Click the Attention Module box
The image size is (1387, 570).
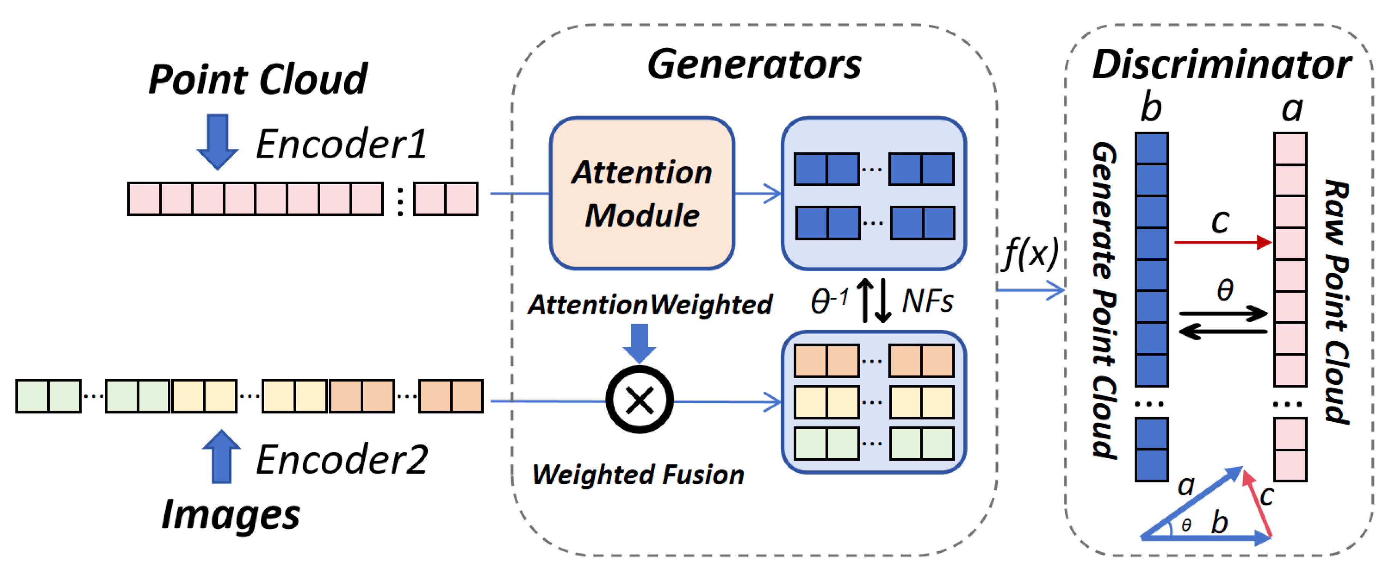coord(642,193)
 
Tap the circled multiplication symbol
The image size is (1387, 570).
coord(640,400)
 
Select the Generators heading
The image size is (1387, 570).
coord(754,64)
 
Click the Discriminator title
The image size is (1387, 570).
coord(1221,64)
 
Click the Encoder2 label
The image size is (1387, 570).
coord(341,459)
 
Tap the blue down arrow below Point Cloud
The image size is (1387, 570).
coord(218,141)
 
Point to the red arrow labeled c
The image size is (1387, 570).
coord(1222,242)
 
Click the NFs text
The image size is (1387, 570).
coord(927,301)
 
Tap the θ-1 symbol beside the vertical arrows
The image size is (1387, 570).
coord(829,301)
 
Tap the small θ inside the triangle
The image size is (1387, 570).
coord(1186,525)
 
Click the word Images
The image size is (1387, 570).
coord(230,515)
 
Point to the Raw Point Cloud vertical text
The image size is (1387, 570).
coord(1336,302)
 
